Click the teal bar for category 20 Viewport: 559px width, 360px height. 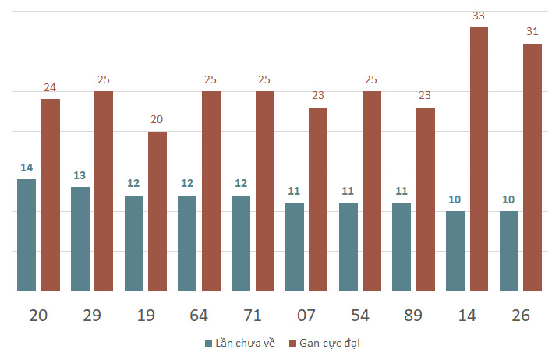27,235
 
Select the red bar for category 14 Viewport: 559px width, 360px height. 479,159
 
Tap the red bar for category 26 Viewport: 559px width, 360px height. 532,168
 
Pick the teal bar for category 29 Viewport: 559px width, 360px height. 80,238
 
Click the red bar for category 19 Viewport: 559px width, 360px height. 157,211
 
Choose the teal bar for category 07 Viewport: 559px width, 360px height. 295,247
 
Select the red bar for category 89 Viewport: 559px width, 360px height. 426,199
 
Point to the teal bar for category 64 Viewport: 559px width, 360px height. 187,243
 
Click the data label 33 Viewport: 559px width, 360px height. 479,16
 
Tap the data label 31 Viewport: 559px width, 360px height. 532,32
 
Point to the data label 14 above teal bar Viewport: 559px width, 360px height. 27,168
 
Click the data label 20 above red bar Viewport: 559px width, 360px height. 157,119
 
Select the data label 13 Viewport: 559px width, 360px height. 80,175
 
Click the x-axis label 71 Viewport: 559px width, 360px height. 253,316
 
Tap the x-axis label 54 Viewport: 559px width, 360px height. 360,316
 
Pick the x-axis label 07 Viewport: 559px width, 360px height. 306,316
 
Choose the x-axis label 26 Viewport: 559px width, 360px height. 521,316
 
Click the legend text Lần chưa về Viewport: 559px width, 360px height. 246,343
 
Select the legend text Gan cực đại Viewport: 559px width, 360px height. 330,344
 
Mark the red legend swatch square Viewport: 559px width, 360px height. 292,344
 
